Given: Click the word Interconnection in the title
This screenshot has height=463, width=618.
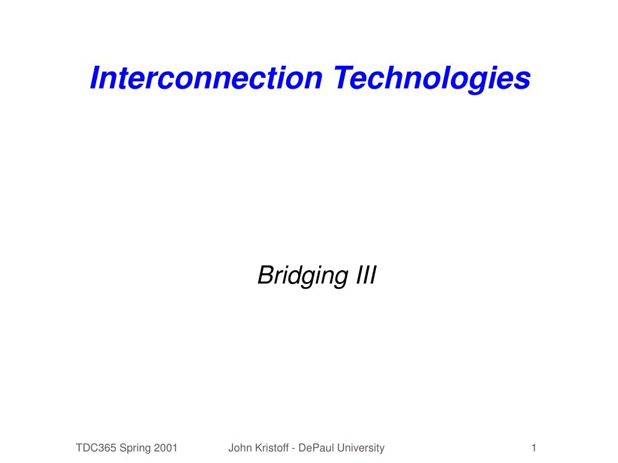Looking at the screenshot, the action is click(206, 78).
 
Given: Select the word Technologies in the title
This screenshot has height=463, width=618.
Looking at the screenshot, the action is click(432, 79).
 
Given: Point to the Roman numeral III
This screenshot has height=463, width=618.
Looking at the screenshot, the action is click(366, 275).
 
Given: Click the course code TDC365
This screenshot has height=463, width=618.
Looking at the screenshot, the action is click(96, 448).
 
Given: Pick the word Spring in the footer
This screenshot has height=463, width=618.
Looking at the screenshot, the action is click(135, 449).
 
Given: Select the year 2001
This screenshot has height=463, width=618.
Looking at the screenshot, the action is click(165, 448).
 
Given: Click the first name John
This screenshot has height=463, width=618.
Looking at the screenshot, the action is click(239, 448).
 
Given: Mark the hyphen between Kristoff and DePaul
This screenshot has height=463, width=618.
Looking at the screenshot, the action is click(294, 449).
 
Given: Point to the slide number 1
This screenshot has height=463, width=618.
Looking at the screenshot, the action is click(534, 448).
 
